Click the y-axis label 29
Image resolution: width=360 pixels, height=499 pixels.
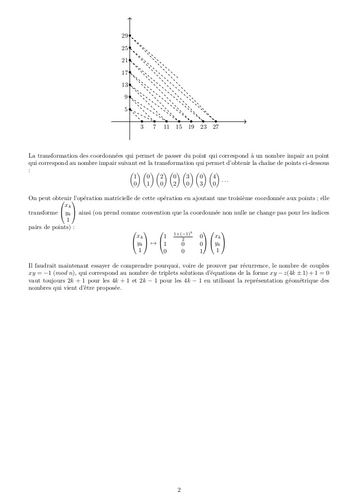(125, 36)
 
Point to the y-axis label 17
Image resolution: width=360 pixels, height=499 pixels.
(125, 73)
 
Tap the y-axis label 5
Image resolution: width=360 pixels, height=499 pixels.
(126, 109)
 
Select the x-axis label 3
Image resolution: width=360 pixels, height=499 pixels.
(142, 127)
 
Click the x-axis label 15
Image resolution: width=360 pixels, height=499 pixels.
(179, 127)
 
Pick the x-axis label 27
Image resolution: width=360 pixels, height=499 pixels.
(216, 127)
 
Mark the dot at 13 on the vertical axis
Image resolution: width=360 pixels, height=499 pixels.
(130, 85)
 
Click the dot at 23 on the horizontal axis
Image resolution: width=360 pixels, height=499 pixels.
(203, 121)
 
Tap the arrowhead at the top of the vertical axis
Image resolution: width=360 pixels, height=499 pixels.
(130, 19)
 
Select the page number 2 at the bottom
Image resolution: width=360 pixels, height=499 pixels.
(179, 490)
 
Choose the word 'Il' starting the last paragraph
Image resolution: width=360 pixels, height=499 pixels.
(31, 266)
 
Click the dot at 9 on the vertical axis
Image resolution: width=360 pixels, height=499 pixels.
(130, 97)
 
